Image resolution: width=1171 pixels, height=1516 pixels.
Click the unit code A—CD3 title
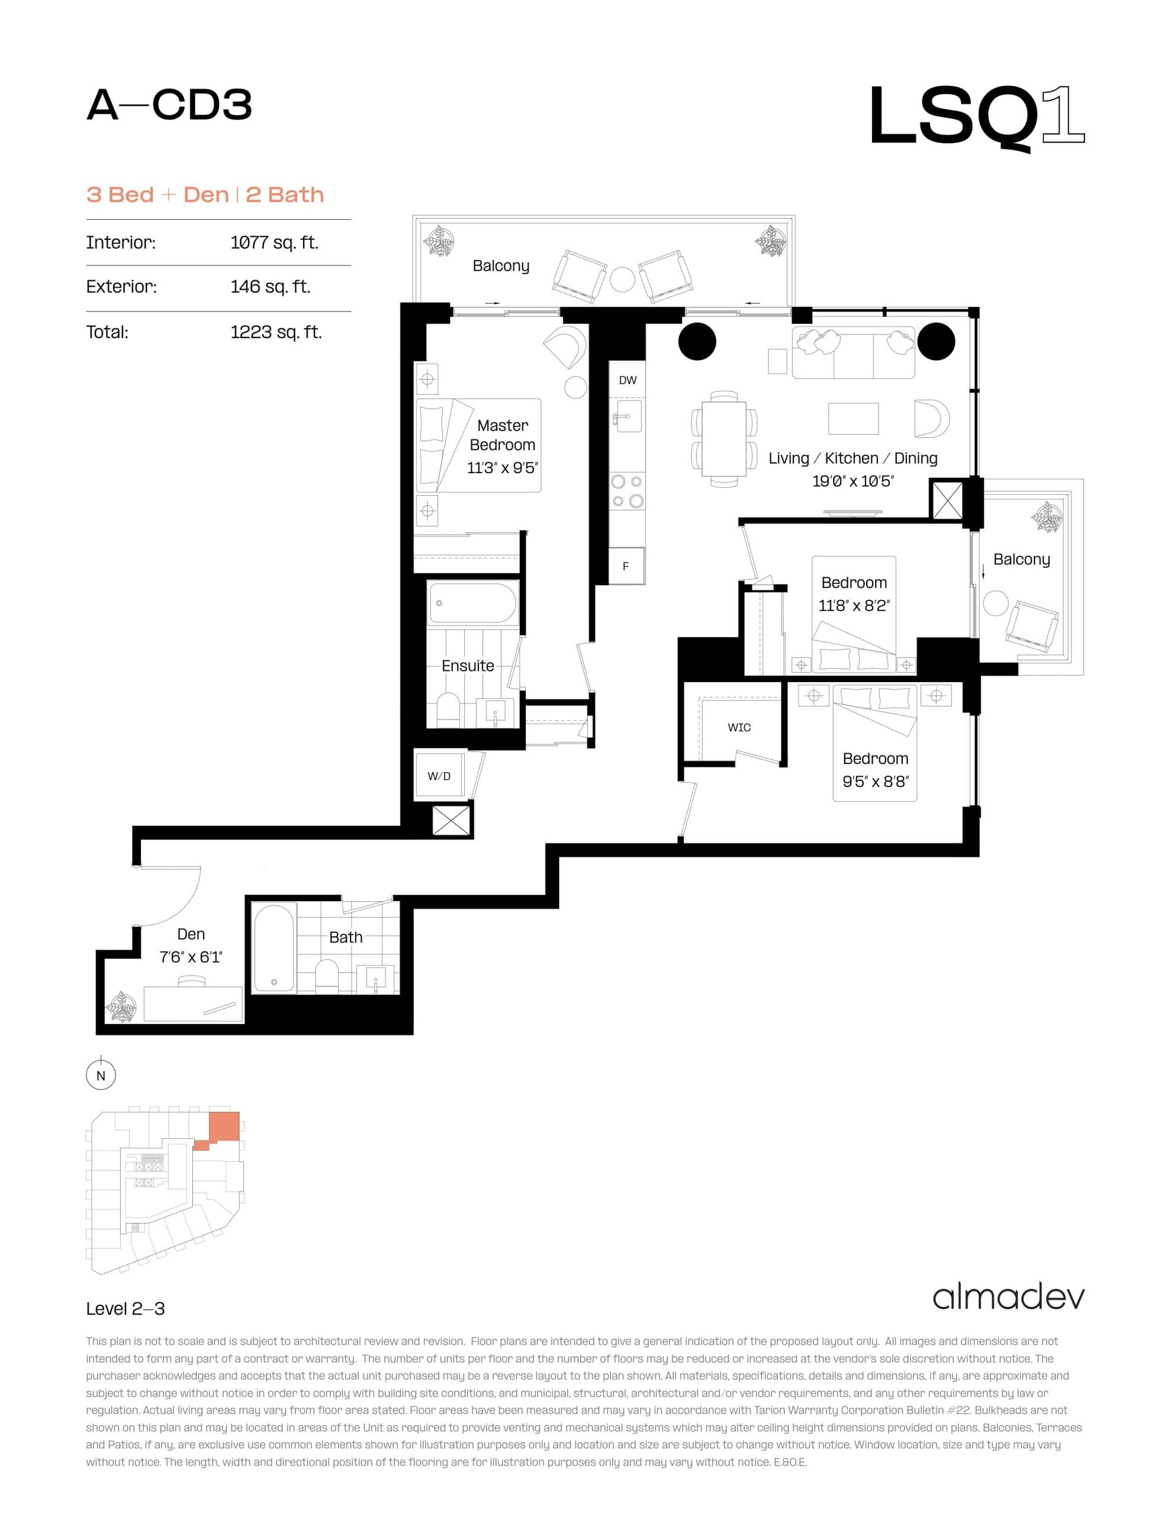[169, 105]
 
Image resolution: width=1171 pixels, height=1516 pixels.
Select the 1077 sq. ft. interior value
[274, 242]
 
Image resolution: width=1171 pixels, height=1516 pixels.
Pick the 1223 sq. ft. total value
[275, 332]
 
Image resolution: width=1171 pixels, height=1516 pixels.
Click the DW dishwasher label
[628, 380]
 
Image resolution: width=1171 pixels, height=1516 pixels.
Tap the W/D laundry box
[439, 776]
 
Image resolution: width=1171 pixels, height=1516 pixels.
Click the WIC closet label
[739, 727]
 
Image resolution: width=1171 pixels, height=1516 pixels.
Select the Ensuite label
[468, 666]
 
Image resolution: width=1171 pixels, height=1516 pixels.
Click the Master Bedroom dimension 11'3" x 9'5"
[503, 468]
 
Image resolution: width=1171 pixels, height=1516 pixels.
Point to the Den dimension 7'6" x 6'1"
[191, 957]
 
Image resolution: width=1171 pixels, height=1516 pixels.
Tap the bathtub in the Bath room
[275, 947]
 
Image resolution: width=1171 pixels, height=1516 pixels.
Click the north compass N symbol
[101, 1076]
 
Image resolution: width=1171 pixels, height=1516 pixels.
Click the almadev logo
[1008, 1297]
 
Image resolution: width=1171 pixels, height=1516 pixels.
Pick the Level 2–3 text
[126, 1309]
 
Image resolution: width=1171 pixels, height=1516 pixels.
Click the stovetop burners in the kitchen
[627, 491]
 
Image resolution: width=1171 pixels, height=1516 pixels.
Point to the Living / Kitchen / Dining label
[852, 458]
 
